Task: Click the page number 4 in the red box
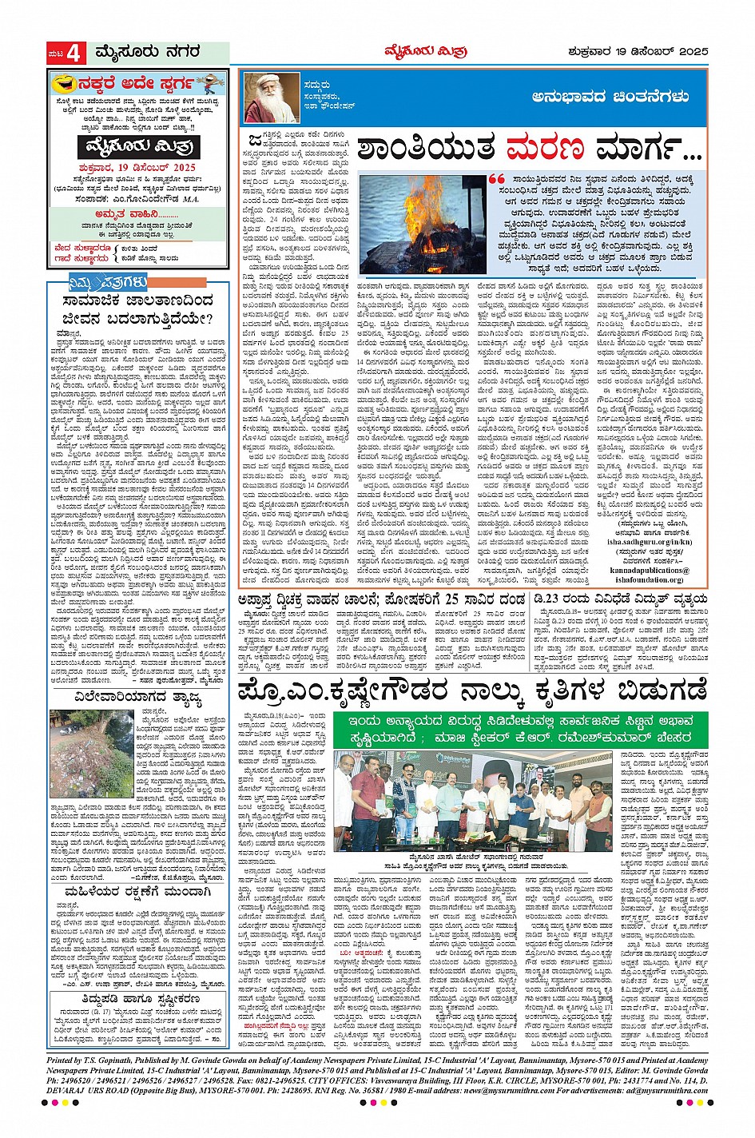(x=74, y=54)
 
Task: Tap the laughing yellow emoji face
(x=62, y=83)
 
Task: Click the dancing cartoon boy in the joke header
(x=210, y=83)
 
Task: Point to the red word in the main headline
(x=543, y=149)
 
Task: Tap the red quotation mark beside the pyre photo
(x=496, y=179)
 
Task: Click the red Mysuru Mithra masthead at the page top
(x=437, y=52)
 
